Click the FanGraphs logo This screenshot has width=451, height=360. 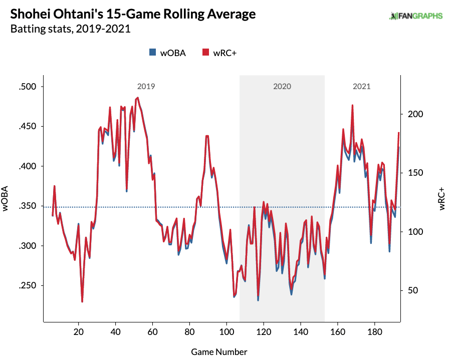click(415, 16)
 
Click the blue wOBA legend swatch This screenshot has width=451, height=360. click(152, 52)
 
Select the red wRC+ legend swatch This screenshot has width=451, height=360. click(205, 52)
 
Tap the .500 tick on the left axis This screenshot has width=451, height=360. click(28, 87)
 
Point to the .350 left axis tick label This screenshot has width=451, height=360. click(28, 206)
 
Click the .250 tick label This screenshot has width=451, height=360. click(28, 285)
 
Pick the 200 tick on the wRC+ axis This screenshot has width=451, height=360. click(415, 114)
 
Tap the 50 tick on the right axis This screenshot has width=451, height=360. click(413, 290)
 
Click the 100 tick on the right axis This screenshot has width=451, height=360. click(415, 232)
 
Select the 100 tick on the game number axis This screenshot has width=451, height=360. click(227, 332)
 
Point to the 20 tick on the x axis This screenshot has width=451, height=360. click(79, 332)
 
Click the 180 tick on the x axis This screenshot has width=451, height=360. click(375, 332)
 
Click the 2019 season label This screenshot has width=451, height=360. click(146, 87)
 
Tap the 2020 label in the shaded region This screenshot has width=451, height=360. click(282, 87)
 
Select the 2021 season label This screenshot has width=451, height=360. click(361, 87)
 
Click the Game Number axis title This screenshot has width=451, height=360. click(219, 352)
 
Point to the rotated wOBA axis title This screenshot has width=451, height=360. click(5, 199)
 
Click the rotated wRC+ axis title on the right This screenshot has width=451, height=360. click(441, 199)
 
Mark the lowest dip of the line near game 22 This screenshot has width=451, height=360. click(82, 301)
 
